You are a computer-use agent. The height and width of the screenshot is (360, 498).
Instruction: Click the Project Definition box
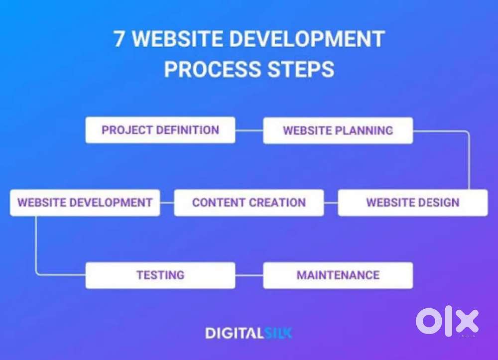[x=160, y=130]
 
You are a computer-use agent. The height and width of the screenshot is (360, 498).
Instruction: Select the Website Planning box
[x=338, y=130]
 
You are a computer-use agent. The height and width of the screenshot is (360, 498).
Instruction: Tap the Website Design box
[x=412, y=203]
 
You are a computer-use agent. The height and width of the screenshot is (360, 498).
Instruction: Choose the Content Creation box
[x=249, y=203]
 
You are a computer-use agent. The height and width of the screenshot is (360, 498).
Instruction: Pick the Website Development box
[x=85, y=203]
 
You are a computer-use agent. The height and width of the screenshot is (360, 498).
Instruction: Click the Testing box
[x=160, y=275]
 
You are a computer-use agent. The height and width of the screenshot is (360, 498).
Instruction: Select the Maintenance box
[x=338, y=275]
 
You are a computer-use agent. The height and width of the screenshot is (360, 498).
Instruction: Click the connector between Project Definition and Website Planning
[x=249, y=130]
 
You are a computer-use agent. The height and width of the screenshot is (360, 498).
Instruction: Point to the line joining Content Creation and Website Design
[x=331, y=203]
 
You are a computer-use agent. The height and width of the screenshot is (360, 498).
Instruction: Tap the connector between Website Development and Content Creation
[x=167, y=203]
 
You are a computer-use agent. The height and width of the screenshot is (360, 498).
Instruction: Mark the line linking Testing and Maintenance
[x=249, y=275]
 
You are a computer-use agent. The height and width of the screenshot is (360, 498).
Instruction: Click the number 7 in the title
[x=120, y=39]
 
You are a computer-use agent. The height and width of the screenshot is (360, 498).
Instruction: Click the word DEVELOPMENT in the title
[x=306, y=39]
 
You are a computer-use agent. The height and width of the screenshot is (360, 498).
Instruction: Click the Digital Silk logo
[x=249, y=333]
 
